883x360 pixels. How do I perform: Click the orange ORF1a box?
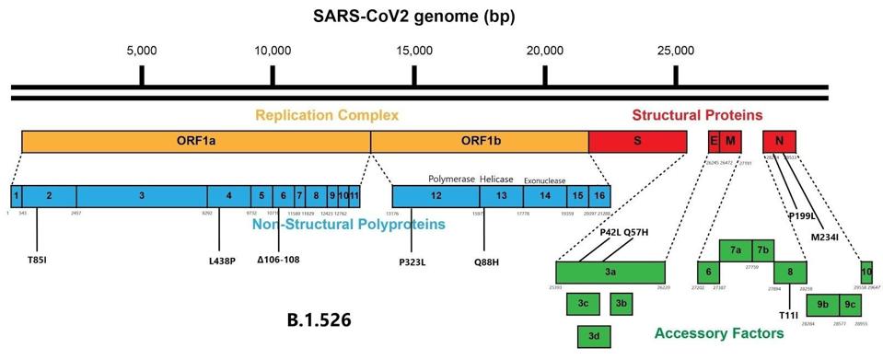click(x=195, y=142)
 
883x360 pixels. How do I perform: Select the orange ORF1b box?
click(x=479, y=142)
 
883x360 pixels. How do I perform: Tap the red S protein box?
click(x=637, y=142)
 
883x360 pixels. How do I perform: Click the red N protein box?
click(x=779, y=141)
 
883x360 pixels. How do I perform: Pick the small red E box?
click(x=713, y=141)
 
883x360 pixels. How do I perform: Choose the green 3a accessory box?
click(x=610, y=273)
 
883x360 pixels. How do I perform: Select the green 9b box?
click(x=822, y=303)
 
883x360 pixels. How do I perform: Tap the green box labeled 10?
click(x=866, y=272)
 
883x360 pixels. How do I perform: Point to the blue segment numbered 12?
click(x=436, y=196)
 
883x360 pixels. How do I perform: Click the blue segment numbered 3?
click(x=141, y=196)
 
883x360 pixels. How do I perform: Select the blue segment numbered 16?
click(x=599, y=196)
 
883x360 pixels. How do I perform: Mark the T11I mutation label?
click(x=788, y=316)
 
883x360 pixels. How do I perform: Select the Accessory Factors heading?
click(x=714, y=332)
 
